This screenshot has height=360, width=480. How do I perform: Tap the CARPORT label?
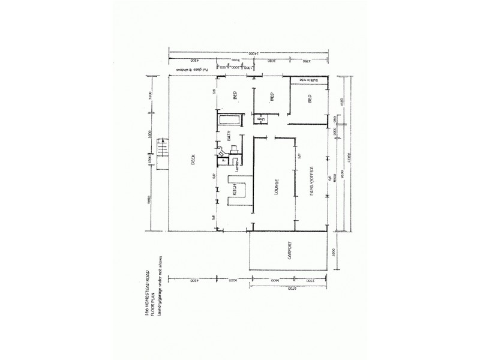(x=289, y=251)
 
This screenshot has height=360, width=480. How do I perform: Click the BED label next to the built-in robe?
(x=310, y=100)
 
